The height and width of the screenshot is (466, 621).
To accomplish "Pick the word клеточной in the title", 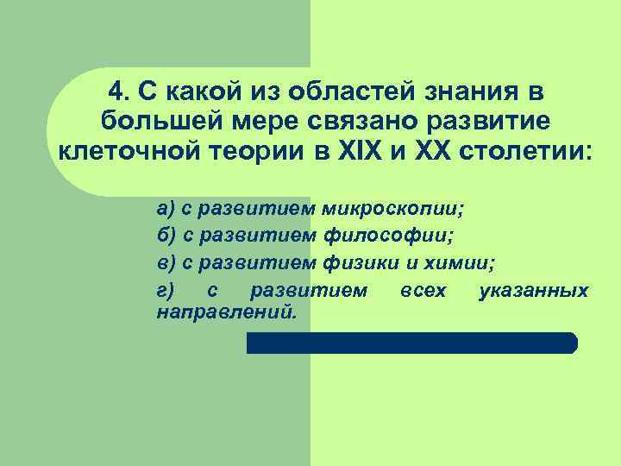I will (128, 154).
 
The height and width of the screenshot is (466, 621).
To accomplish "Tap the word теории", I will (273, 154).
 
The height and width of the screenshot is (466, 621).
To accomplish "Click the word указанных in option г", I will (533, 291).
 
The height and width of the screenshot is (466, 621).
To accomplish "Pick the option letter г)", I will (166, 291).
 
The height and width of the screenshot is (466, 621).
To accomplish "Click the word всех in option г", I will (423, 291).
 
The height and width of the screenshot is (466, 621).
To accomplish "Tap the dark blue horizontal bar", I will (411, 343).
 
